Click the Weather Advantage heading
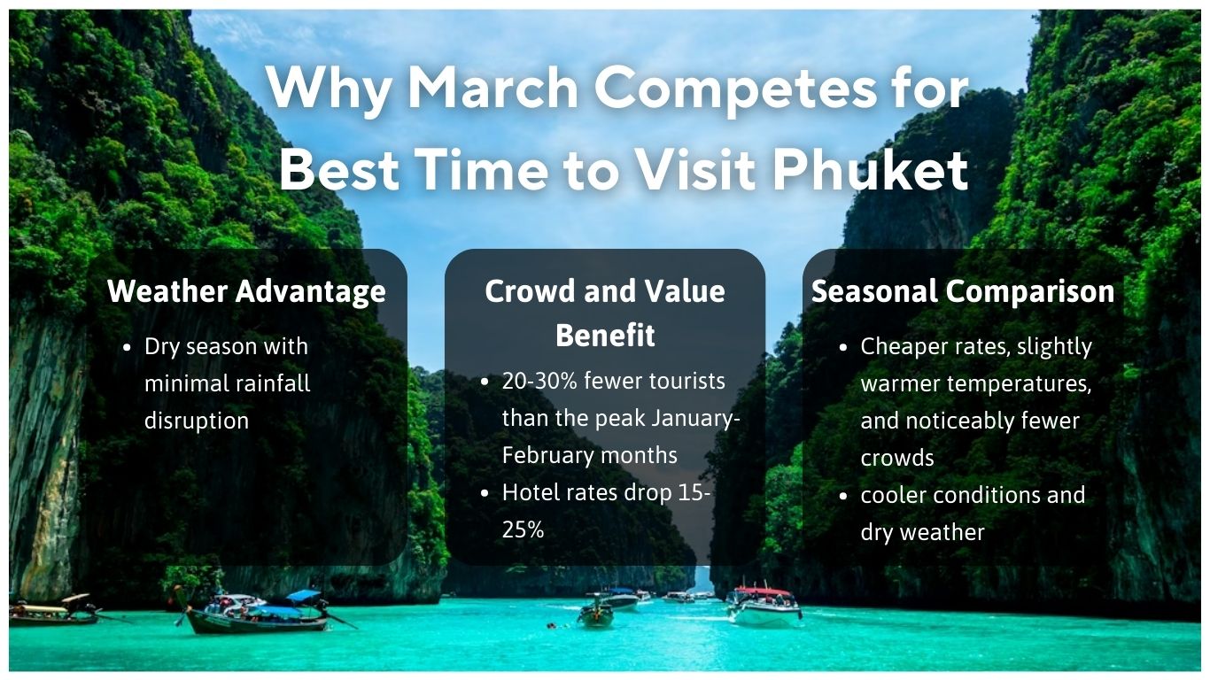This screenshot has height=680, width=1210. [x=246, y=291]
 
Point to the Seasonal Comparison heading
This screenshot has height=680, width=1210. [x=963, y=291]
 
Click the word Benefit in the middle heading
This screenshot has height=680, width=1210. [x=605, y=336]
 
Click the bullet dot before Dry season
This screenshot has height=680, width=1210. [x=128, y=347]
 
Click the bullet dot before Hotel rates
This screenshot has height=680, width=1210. [x=485, y=493]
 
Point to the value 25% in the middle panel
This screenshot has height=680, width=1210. [x=523, y=529]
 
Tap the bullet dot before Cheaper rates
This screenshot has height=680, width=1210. [x=844, y=347]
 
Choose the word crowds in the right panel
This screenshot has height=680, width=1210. [x=897, y=458]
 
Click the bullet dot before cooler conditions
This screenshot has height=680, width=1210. [x=844, y=495]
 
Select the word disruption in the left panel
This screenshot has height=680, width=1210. [x=197, y=421]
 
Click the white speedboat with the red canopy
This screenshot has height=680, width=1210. [x=764, y=605]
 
